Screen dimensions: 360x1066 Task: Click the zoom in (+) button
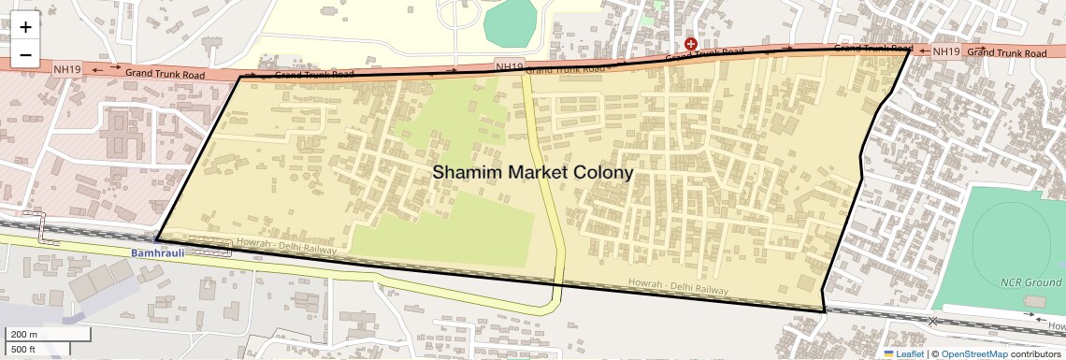[25, 28]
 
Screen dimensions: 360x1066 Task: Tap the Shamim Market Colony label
[532, 173]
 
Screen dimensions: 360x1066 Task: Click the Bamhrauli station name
[156, 253]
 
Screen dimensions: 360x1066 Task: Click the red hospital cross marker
[691, 44]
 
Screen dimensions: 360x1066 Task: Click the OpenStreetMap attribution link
[974, 353]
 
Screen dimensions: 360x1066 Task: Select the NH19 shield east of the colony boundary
[946, 51]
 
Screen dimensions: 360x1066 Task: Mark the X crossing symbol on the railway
[932, 322]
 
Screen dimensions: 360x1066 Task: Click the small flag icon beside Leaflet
[889, 353]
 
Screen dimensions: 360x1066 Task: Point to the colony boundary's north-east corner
[909, 51]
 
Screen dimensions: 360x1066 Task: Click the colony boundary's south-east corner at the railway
[824, 310]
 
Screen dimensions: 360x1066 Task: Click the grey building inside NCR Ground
[1033, 302]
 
